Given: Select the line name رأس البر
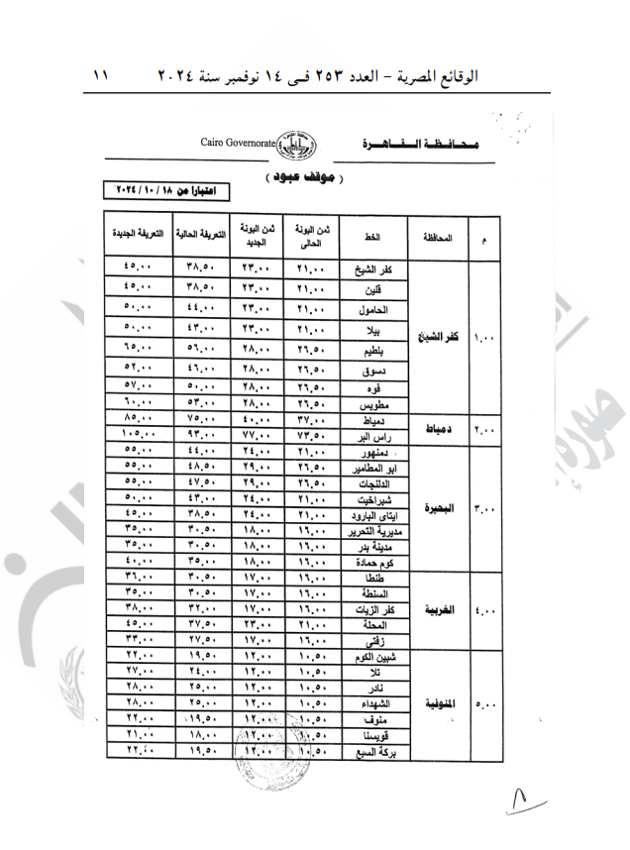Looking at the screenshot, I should point(379,434).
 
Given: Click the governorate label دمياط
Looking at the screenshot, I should point(438,427).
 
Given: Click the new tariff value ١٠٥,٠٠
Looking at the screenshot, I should point(138,435).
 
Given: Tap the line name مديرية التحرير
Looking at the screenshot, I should point(374,532).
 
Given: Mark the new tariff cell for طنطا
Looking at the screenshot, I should point(138,578).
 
